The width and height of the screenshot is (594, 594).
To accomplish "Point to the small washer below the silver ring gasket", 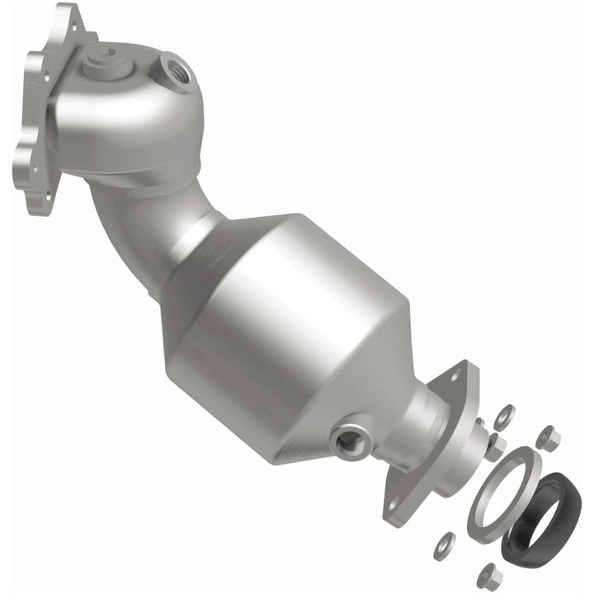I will pyautogui.click(x=445, y=541).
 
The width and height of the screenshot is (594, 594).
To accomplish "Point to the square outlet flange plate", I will pyautogui.click(x=433, y=445).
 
